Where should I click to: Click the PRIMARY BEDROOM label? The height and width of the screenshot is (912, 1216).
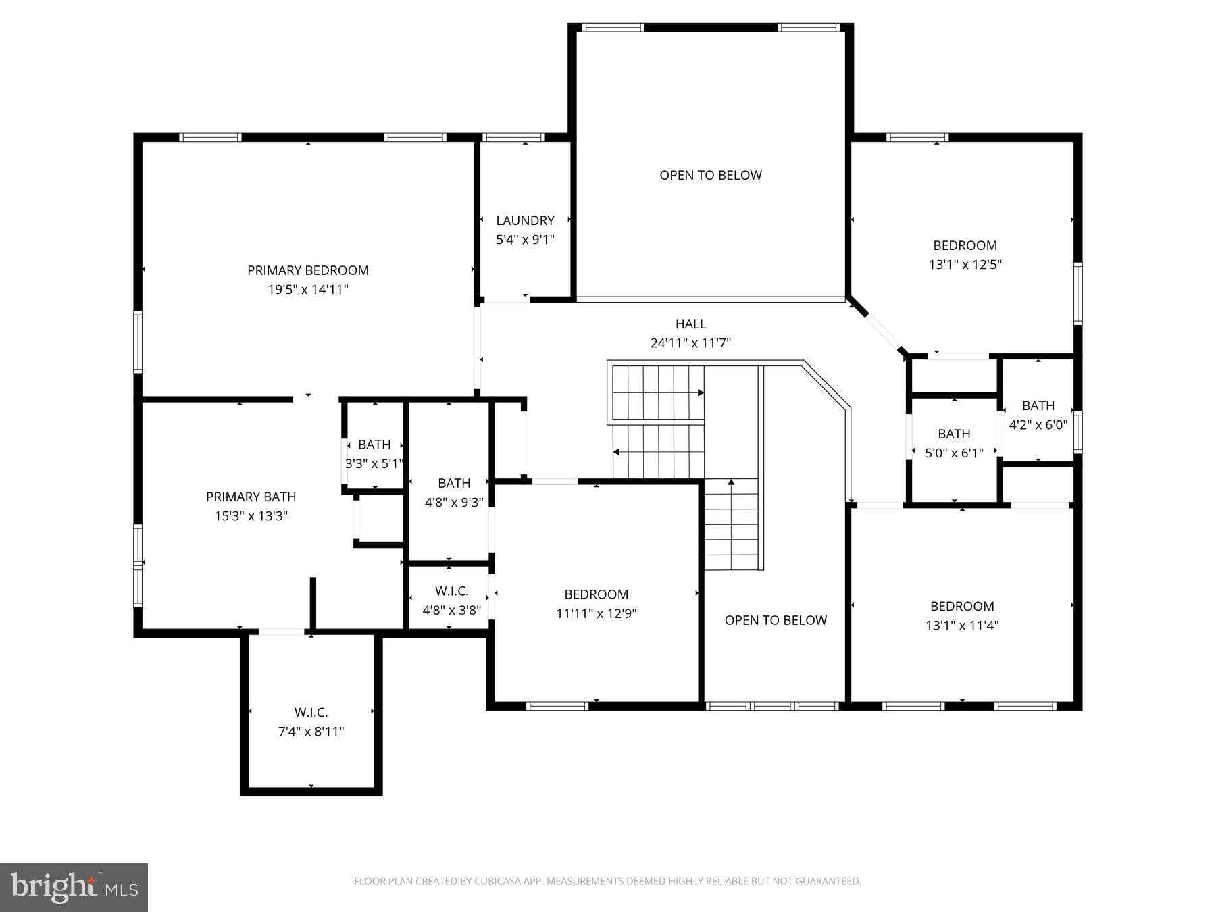(308, 270)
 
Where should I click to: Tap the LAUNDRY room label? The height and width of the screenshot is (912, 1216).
(525, 220)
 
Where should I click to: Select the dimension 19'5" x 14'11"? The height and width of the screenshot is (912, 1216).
(308, 290)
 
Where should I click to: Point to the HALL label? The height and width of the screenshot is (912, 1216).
(690, 324)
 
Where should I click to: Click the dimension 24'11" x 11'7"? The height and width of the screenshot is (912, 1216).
(690, 343)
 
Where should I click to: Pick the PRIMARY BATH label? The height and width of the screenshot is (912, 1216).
(251, 497)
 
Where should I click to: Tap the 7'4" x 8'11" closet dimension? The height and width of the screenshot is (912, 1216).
(311, 732)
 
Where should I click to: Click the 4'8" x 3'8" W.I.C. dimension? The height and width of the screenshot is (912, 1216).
(451, 611)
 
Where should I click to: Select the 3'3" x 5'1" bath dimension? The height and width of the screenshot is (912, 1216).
(374, 464)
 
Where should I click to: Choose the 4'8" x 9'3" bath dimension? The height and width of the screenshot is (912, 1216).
(454, 503)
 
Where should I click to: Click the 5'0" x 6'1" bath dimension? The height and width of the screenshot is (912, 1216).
(954, 453)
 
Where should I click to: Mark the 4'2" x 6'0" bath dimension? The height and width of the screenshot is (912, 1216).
(1038, 425)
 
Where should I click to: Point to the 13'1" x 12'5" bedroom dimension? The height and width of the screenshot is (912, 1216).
(965, 265)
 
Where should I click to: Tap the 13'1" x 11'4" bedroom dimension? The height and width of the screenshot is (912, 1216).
(962, 626)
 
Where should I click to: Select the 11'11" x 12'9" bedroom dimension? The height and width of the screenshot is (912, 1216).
(597, 614)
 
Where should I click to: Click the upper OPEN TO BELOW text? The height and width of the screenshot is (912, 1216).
(711, 175)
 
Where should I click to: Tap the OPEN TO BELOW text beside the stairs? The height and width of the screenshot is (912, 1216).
(776, 620)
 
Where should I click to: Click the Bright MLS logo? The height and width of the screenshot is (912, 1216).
(74, 888)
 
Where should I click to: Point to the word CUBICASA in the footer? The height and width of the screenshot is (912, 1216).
(501, 881)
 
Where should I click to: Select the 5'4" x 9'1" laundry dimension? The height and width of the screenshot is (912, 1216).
(525, 240)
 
